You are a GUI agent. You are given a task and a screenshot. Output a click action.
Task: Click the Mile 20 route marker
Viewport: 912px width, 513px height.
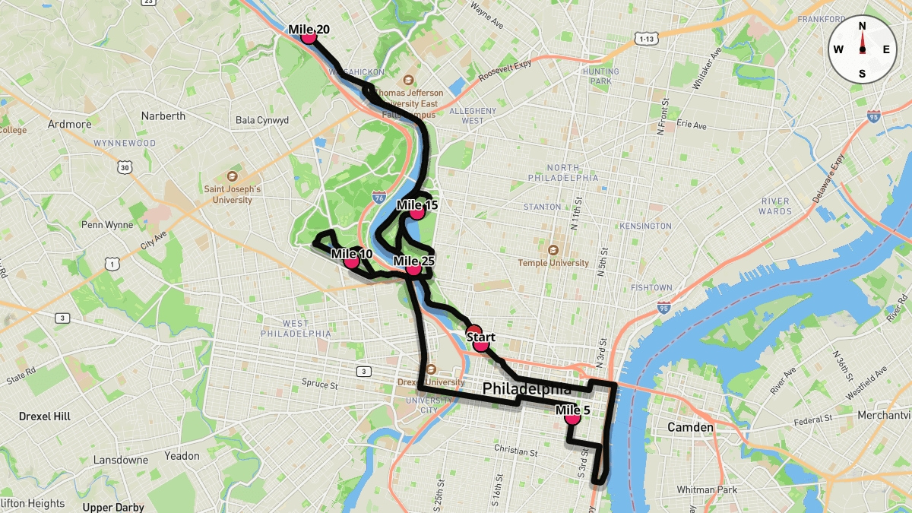click(308, 36)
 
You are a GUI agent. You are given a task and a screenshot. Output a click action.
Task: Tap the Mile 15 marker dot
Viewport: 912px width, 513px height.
click(416, 212)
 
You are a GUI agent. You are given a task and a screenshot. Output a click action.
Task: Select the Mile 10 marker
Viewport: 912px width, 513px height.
click(351, 261)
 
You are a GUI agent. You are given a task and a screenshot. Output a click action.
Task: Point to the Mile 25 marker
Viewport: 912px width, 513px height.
click(413, 268)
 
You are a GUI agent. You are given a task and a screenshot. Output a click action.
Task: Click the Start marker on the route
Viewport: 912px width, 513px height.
click(480, 344)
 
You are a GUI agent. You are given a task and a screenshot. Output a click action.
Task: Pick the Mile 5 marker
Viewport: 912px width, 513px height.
click(572, 417)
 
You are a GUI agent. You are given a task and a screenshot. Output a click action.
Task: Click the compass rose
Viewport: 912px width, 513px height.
click(862, 49)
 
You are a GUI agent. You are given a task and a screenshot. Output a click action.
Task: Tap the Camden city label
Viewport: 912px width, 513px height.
click(690, 427)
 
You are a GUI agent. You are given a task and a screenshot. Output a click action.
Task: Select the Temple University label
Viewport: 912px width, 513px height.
click(553, 263)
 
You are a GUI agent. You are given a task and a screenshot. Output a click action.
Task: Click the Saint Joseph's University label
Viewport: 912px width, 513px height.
click(233, 195)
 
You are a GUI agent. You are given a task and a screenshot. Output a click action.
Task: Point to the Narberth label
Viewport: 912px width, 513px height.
click(163, 116)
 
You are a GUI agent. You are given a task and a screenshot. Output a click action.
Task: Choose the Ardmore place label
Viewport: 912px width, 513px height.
click(69, 124)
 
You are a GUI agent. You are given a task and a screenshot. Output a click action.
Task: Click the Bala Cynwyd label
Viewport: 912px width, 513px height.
click(262, 120)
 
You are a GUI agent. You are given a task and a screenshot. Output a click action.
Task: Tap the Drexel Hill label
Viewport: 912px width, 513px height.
click(45, 416)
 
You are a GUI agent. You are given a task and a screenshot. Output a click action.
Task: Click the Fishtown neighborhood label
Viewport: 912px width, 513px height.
click(651, 287)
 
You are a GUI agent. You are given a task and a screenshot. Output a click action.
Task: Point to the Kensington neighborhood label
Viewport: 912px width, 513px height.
click(645, 226)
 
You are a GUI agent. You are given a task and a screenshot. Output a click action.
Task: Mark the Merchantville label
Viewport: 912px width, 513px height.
click(884, 415)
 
